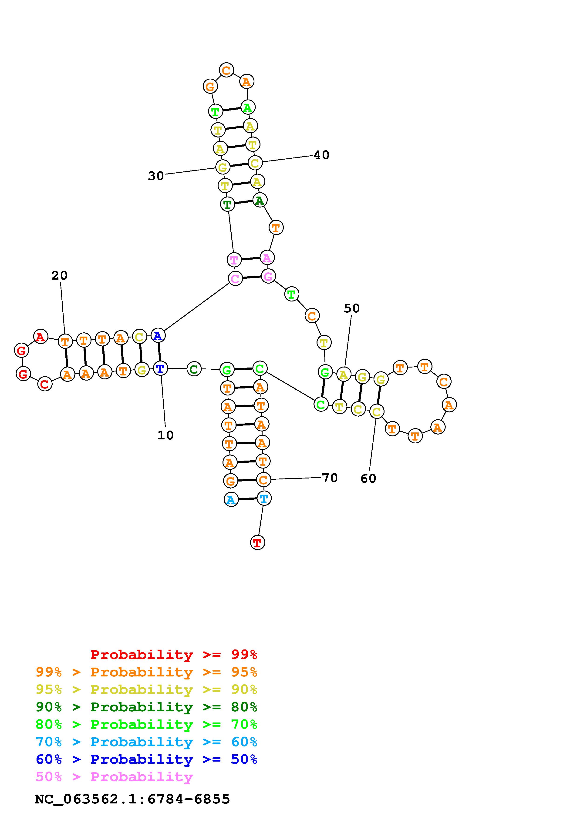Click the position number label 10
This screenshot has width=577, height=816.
pyautogui.click(x=165, y=435)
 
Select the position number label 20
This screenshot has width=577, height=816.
pyautogui.click(x=59, y=275)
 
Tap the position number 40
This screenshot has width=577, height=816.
pyautogui.click(x=321, y=155)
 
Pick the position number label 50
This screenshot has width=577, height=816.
pyautogui.click(x=352, y=308)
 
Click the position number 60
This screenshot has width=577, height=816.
pyautogui.click(x=368, y=479)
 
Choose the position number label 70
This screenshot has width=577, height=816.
pyautogui.click(x=330, y=478)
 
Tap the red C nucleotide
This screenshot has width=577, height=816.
pyautogui.click(x=45, y=384)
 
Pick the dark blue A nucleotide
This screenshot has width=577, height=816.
pyautogui.click(x=158, y=335)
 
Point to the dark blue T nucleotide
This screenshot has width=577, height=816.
pyautogui.click(x=160, y=368)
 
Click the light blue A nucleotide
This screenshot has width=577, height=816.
pyautogui.click(x=231, y=500)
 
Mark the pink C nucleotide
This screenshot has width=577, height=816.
pyautogui.click(x=235, y=279)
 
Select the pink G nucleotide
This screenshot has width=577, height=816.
pyautogui.click(x=268, y=276)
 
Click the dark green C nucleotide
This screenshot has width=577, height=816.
pyautogui.click(x=194, y=369)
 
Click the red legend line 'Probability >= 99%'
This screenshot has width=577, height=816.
pyautogui.click(x=174, y=655)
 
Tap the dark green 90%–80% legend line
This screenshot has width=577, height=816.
pyautogui.click(x=146, y=707)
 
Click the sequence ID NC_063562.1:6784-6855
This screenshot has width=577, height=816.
pyautogui.click(x=132, y=799)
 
